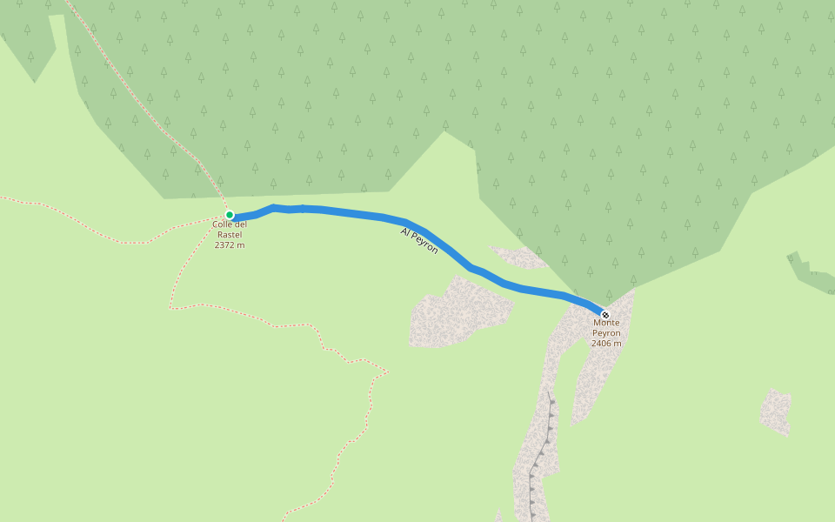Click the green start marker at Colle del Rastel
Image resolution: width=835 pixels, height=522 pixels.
pos(230,215)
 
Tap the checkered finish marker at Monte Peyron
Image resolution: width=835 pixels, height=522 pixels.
pos(605,315)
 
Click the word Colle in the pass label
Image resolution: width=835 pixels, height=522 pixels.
pos(222,224)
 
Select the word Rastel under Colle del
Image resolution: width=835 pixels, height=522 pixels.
pos(230,235)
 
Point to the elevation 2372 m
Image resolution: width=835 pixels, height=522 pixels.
pos(230,245)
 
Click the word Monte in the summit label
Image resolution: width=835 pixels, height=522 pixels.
pos(606,323)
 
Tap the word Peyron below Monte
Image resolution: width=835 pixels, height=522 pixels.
pos(606,333)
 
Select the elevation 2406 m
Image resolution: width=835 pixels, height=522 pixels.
pos(606,344)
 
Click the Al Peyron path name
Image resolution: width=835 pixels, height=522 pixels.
pos(419,240)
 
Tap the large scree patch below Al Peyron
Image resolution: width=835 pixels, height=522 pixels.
pos(457,313)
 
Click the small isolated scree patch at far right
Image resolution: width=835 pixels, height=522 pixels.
pos(775,411)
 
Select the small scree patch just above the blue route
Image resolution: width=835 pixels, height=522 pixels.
pos(519,256)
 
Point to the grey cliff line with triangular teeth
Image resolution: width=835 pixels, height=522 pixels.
pos(541,452)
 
